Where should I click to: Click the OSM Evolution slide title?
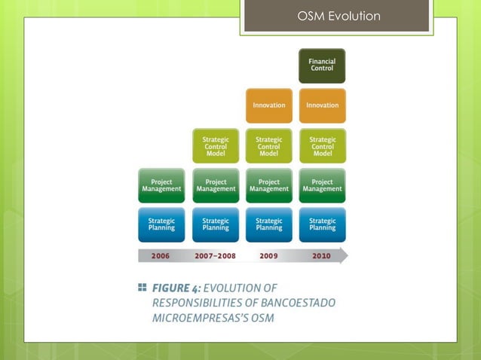[339, 17]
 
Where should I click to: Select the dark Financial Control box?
[322, 66]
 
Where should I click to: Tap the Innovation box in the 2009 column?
[269, 105]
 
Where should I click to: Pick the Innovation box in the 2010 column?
[322, 105]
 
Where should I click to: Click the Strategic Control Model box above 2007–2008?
[216, 145]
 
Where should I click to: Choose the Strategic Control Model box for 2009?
[269, 145]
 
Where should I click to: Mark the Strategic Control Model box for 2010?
[322, 145]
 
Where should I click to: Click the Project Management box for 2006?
[161, 185]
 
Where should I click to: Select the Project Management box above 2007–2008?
[216, 185]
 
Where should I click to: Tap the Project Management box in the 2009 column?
[269, 185]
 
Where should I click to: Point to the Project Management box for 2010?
[322, 185]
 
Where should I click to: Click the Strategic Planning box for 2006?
[161, 224]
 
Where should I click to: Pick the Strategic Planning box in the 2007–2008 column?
[216, 224]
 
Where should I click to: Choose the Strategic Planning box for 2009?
[269, 224]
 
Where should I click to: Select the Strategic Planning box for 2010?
[322, 224]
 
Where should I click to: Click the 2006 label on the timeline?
[161, 255]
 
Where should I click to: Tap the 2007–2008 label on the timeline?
[216, 255]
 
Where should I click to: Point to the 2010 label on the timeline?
[322, 255]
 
